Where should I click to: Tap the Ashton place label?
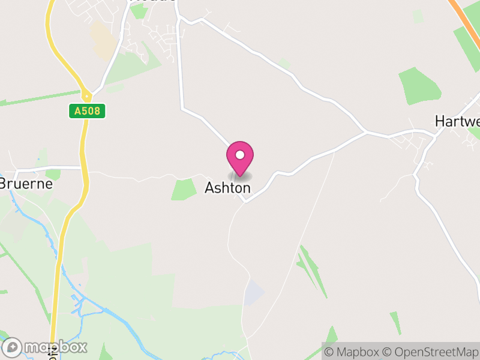[x=227, y=188]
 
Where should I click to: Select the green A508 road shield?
[x=87, y=111]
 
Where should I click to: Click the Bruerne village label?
[x=26, y=184]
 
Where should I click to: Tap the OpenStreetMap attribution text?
[x=431, y=352]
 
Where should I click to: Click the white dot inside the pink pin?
[x=240, y=155]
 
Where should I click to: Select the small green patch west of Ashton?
[x=184, y=189]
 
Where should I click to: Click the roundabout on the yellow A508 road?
[x=87, y=95]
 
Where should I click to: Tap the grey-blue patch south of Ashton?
[x=254, y=292]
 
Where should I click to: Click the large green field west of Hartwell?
[x=421, y=86]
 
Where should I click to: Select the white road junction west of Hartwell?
[x=365, y=131]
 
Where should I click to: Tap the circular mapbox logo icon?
[x=13, y=347]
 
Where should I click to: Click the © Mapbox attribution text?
[x=358, y=352]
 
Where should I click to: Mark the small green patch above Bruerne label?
[x=53, y=174]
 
